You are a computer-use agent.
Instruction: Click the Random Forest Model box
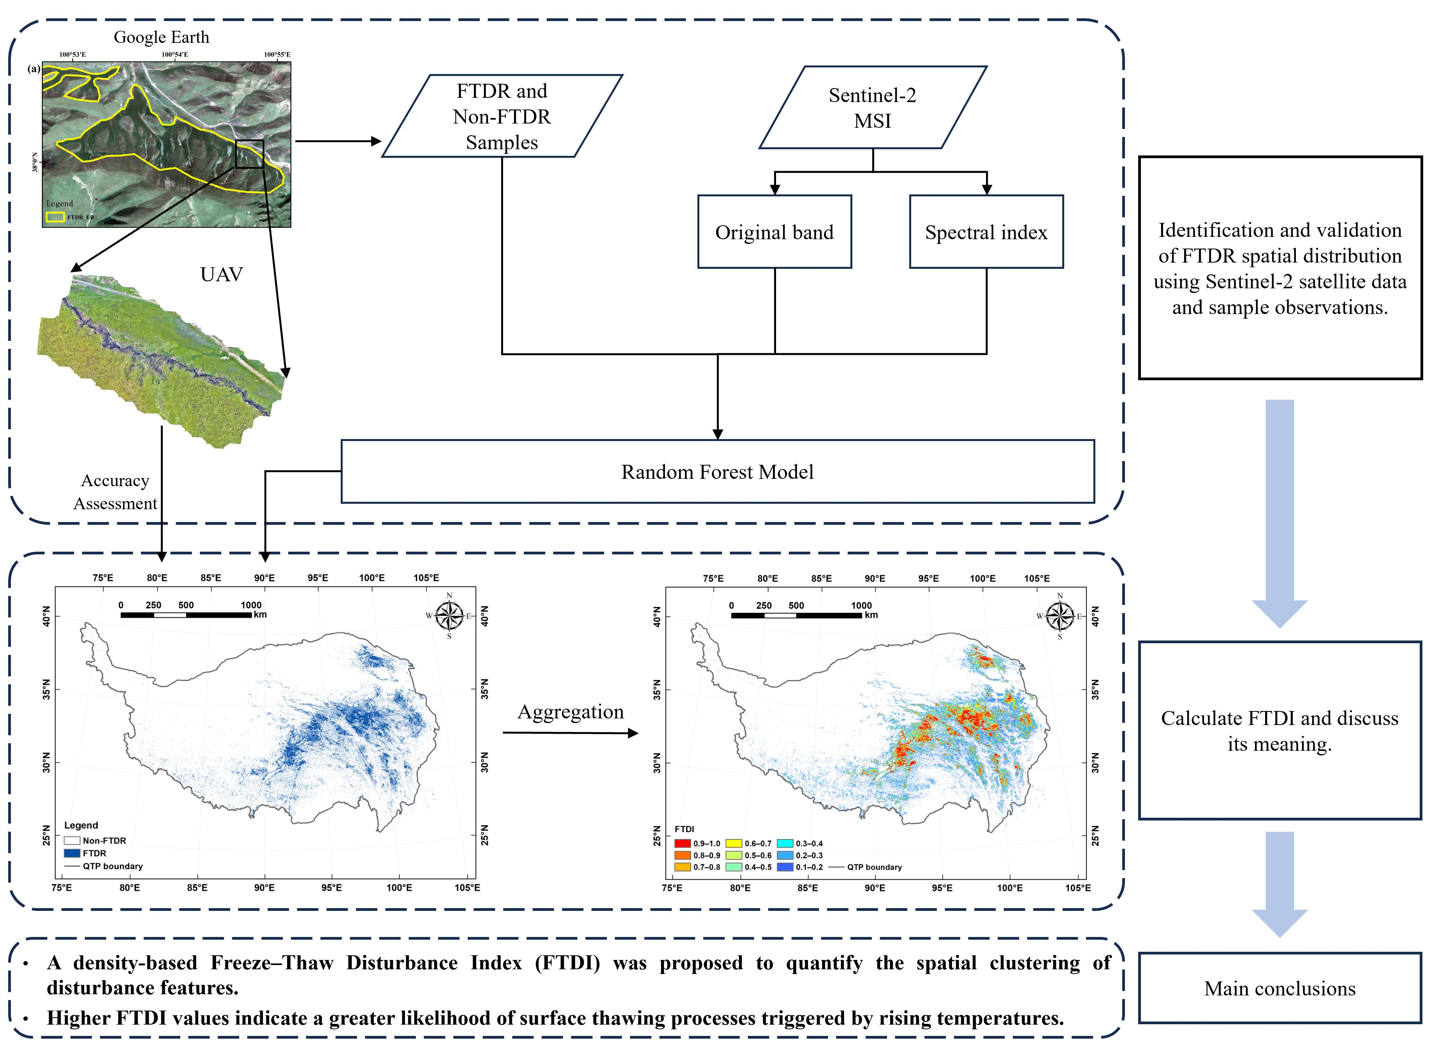coord(717,471)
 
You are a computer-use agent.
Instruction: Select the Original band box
coord(774,232)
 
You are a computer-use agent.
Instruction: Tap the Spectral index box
coord(986,232)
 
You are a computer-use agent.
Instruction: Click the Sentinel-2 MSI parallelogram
coord(873,108)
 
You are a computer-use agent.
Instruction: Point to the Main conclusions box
coord(1280,988)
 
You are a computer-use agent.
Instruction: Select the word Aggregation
coord(570,712)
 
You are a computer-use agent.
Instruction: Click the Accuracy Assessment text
coord(115,492)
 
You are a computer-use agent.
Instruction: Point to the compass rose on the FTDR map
coord(449,615)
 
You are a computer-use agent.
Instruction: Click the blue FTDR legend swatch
coord(72,853)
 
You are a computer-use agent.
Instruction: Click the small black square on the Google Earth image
coord(249,154)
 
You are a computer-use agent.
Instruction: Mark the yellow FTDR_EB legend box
coord(55,217)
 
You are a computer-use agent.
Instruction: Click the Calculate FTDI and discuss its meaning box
coord(1280,730)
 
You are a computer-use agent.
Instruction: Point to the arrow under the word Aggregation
coord(570,733)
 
